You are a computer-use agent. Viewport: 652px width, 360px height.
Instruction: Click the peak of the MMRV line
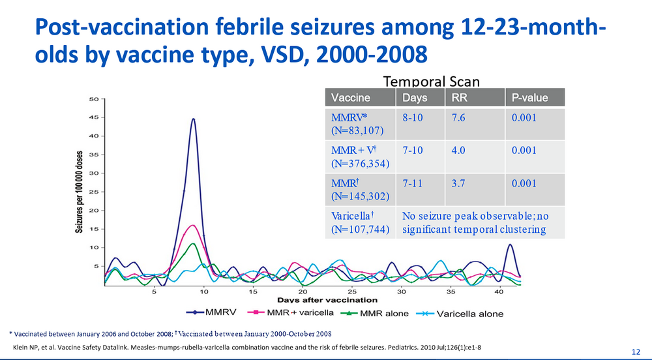click(194, 119)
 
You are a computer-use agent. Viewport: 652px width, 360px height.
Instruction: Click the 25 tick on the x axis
click(352, 292)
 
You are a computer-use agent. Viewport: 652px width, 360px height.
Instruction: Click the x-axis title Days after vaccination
click(327, 300)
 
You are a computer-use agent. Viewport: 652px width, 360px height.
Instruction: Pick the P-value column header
click(527, 98)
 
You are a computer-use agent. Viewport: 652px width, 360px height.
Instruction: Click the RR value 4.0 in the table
click(458, 150)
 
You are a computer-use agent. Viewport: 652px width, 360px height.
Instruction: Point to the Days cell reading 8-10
click(415, 115)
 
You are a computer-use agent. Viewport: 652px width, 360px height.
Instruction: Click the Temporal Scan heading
click(432, 82)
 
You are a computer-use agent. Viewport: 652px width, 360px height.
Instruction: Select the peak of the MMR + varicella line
click(192, 226)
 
